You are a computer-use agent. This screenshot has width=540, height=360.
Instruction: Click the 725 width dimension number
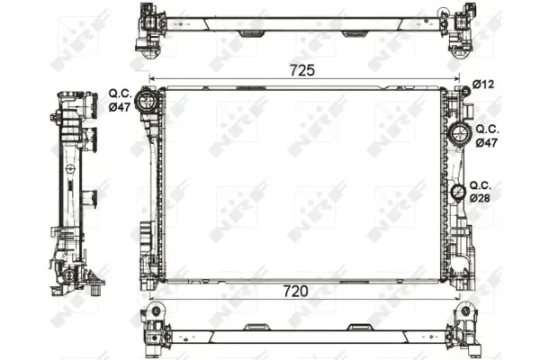pos(302,70)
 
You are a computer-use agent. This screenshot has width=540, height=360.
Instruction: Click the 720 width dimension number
pos(295,292)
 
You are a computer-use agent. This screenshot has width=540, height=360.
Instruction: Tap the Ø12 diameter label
pos(483,84)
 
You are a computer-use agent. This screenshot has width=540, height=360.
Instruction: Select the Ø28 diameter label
pos(480,198)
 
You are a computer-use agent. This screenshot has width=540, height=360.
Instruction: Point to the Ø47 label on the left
pos(120,107)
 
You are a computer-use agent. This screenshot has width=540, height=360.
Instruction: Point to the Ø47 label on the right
pos(487,142)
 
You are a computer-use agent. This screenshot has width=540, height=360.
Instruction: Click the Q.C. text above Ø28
pos(481,185)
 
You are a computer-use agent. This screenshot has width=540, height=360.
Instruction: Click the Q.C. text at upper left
pos(121,93)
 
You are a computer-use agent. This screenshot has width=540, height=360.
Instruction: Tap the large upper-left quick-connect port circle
pos(146,100)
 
